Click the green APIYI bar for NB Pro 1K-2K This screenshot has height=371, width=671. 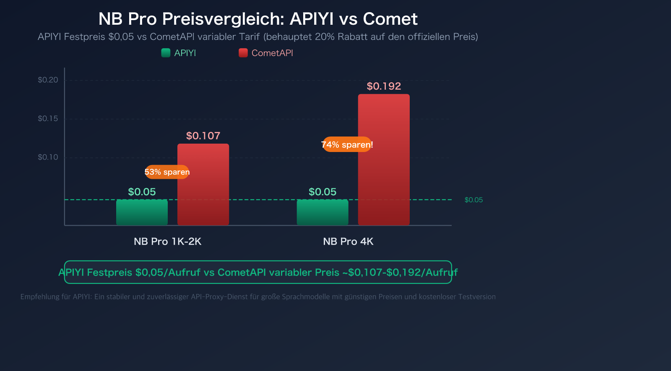[x=142, y=212]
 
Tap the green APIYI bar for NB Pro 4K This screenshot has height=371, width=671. [x=322, y=212]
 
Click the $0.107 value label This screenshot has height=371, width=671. [x=203, y=136]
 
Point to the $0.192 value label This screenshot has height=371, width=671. [x=384, y=86]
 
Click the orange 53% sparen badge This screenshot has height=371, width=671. [x=167, y=172]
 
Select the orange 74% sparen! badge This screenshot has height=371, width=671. [x=347, y=145]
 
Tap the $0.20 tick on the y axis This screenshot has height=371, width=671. [x=48, y=80]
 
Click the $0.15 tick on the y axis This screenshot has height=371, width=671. [x=48, y=119]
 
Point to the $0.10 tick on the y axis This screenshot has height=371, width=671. [x=48, y=157]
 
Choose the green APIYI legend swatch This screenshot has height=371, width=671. [x=166, y=53]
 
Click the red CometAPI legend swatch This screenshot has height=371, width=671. [x=243, y=53]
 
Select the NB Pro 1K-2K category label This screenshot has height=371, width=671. [x=167, y=242]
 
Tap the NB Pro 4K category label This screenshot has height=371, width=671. [x=348, y=242]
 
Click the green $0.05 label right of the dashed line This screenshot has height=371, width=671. [x=473, y=200]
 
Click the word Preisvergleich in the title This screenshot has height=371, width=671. [x=223, y=19]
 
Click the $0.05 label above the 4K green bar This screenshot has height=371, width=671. [x=322, y=192]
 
